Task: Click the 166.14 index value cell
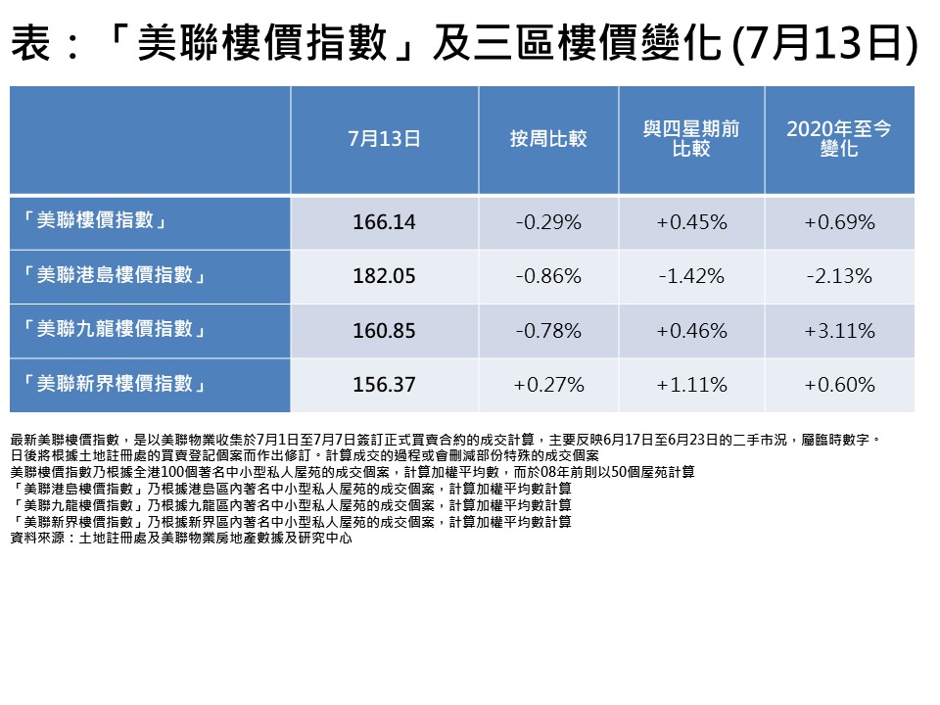click(x=384, y=222)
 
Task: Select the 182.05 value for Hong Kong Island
click(x=384, y=276)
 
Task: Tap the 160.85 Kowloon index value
click(x=384, y=331)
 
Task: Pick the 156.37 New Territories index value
click(x=384, y=385)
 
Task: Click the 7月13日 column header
click(x=384, y=139)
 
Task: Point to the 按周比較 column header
click(x=548, y=139)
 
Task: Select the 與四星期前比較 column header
click(x=691, y=139)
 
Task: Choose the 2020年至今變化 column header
click(x=839, y=139)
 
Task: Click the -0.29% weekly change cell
click(x=548, y=222)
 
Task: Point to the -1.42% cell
click(x=691, y=276)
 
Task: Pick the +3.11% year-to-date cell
click(x=839, y=331)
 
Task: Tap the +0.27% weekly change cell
click(x=548, y=385)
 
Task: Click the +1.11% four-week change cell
click(x=691, y=385)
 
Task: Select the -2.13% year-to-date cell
click(x=839, y=276)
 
